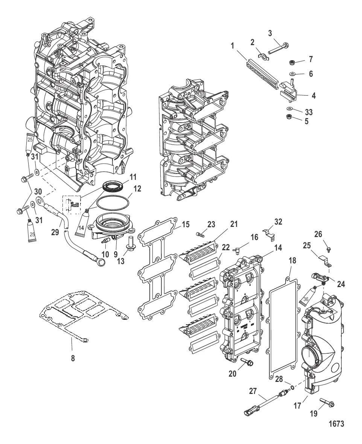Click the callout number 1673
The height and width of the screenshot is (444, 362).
pyautogui.click(x=336, y=424)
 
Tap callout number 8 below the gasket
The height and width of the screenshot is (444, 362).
pyautogui.click(x=73, y=358)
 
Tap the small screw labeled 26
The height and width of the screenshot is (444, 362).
pyautogui.click(x=329, y=249)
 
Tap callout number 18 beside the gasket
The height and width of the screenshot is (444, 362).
pyautogui.click(x=292, y=260)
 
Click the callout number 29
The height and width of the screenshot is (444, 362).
pyautogui.click(x=55, y=232)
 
